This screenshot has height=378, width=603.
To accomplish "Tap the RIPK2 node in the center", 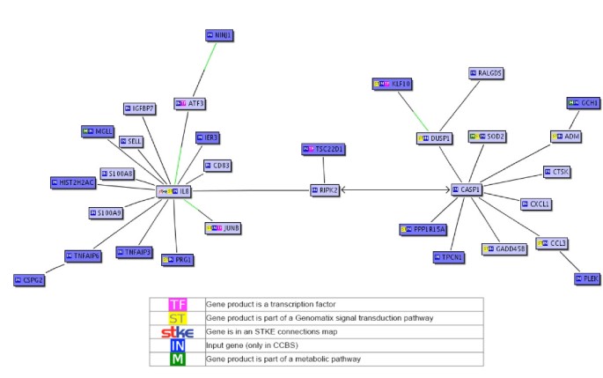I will pyautogui.click(x=324, y=189).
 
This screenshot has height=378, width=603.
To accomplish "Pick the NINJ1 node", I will pyautogui.click(x=220, y=35).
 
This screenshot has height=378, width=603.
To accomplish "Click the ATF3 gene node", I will pyautogui.click(x=190, y=103).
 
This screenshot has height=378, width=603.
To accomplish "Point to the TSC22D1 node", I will pyautogui.click(x=324, y=150).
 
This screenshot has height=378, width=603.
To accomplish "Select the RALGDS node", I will pyautogui.click(x=485, y=73).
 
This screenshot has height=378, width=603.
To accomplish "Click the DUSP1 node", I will pyautogui.click(x=434, y=138).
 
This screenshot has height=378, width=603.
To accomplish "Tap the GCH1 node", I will pyautogui.click(x=583, y=103).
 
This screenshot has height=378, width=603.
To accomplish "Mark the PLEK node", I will pyautogui.click(x=585, y=278).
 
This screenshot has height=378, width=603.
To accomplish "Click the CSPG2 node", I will pyautogui.click(x=29, y=279).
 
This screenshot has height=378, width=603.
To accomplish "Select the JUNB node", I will pyautogui.click(x=224, y=227).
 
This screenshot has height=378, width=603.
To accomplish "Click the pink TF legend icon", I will pyautogui.click(x=177, y=303).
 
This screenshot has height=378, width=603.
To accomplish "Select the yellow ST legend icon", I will pyautogui.click(x=177, y=317).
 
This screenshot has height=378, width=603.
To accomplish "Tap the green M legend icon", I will pyautogui.click(x=177, y=359).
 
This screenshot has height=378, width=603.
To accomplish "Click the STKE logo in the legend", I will pyautogui.click(x=177, y=331).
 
